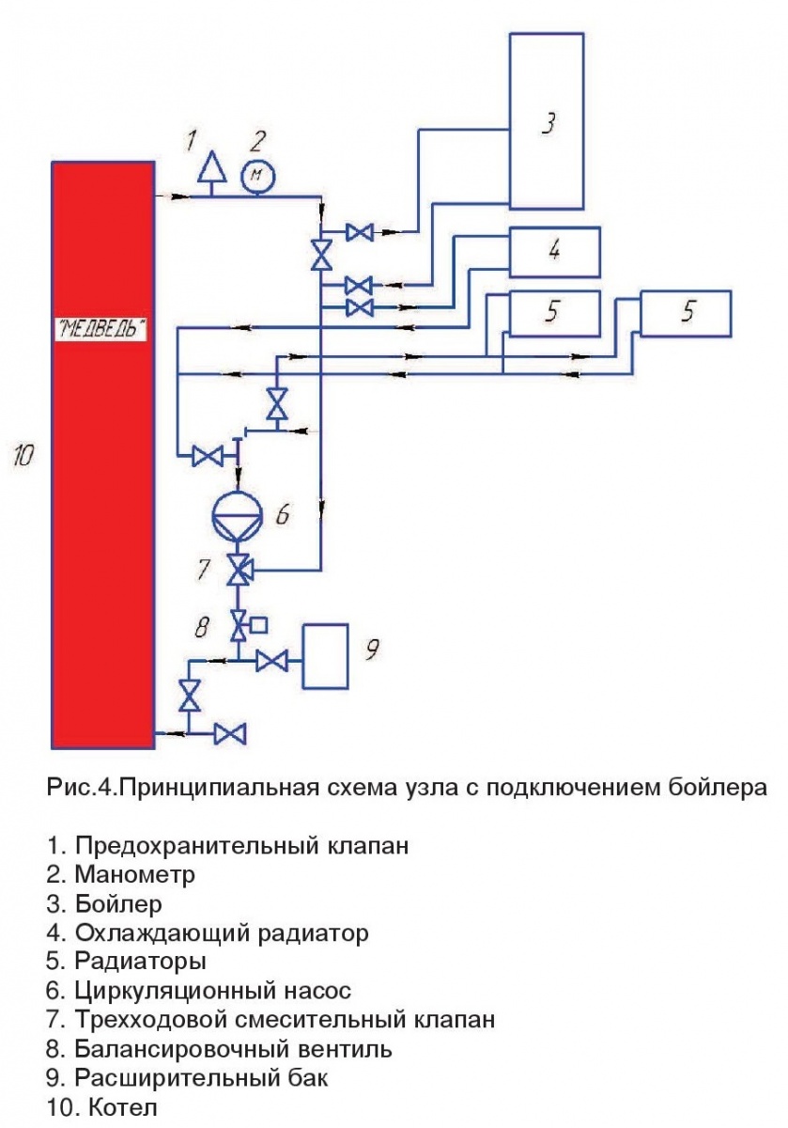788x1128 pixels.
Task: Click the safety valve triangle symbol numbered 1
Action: (214, 168)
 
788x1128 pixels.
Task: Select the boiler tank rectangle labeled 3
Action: (547, 120)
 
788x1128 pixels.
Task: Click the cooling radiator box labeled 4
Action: (554, 252)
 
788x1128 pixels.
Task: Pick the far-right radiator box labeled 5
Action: (686, 314)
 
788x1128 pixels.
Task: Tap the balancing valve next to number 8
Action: (240, 622)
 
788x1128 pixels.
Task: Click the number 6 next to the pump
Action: (282, 513)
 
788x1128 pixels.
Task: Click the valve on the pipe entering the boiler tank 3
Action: (360, 231)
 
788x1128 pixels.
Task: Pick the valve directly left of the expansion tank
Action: (272, 662)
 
